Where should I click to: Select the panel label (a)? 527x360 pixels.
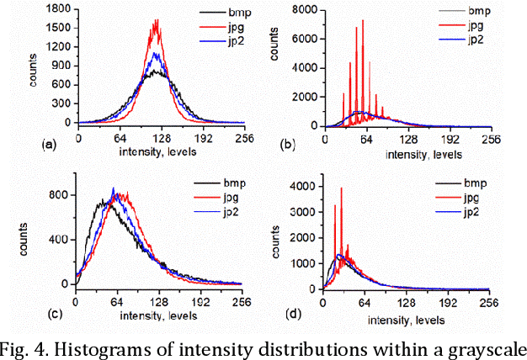pyautogui.click(x=48, y=145)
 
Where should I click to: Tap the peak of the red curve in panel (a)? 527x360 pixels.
pyautogui.click(x=156, y=21)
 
